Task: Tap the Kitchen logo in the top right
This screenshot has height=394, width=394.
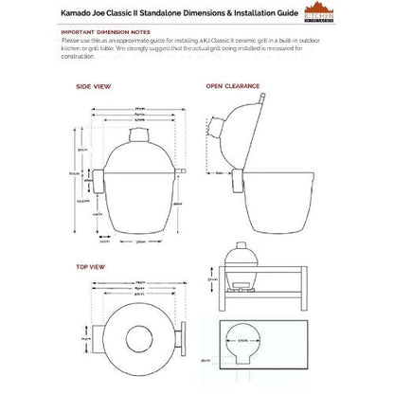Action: pos(365,18)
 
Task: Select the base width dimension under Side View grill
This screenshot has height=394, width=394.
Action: pos(140,242)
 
